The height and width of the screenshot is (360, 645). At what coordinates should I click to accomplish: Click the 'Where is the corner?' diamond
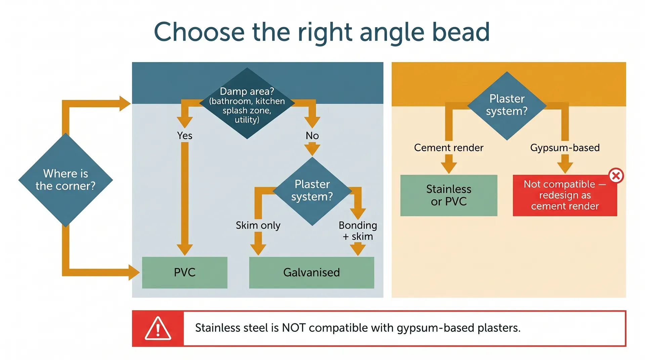tap(66, 180)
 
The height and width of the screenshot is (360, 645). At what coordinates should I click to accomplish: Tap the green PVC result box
tap(184, 272)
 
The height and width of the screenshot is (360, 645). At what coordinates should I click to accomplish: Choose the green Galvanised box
tap(311, 272)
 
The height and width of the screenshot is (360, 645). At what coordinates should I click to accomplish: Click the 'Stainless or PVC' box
tap(448, 195)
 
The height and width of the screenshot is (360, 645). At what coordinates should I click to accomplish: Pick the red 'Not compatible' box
tap(565, 195)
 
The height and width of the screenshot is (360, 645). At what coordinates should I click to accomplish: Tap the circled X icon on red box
tap(616, 176)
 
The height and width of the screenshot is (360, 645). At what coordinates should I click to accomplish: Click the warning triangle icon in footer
tap(158, 328)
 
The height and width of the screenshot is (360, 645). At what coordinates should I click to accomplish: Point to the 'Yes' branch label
tap(184, 136)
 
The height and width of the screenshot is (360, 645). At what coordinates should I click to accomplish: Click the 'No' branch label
tap(312, 136)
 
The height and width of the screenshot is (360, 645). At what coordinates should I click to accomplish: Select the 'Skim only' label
tap(258, 225)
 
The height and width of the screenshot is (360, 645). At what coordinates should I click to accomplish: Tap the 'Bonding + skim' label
tap(358, 231)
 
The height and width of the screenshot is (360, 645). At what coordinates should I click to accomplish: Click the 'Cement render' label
tap(448, 148)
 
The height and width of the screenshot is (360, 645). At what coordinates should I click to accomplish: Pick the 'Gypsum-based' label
tap(565, 148)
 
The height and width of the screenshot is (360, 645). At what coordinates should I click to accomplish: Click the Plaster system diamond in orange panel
tap(507, 105)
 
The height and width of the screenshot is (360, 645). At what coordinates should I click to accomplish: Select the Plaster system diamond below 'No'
tap(312, 191)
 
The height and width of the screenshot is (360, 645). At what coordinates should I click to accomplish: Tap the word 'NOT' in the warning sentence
tap(293, 328)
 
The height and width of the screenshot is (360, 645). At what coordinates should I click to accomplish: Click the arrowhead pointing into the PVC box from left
tap(134, 272)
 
